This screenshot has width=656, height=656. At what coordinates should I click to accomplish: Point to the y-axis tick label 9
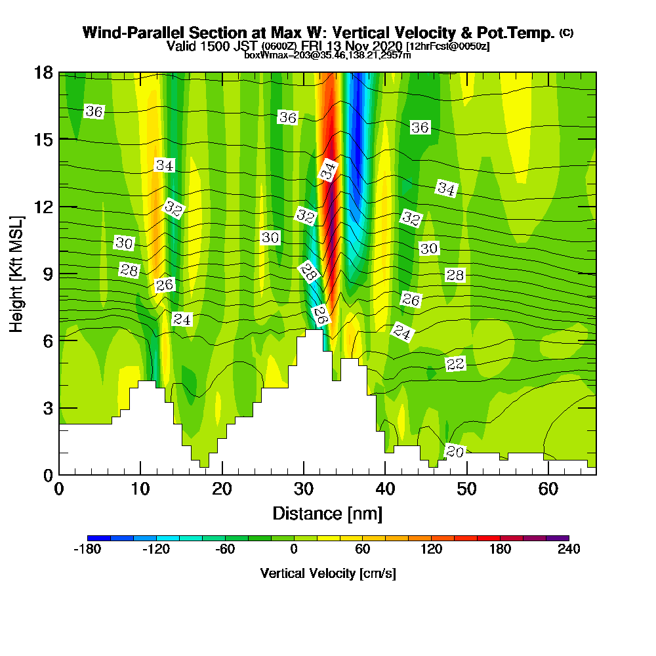tap(47, 273)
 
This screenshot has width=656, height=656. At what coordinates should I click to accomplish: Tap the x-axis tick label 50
tap(466, 489)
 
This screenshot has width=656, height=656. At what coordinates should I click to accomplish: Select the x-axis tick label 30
tap(304, 489)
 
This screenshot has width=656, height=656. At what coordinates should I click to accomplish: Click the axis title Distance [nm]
tap(327, 513)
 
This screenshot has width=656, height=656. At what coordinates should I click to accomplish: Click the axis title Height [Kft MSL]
tap(17, 273)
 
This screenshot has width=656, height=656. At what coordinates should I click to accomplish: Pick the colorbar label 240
tap(568, 549)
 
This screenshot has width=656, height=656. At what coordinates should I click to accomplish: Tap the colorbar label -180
tap(88, 549)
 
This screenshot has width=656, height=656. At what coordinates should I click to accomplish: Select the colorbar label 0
tap(295, 549)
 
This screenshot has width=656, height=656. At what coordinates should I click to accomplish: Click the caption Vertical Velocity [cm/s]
tap(328, 573)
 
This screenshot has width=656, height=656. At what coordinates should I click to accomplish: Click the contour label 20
tap(455, 451)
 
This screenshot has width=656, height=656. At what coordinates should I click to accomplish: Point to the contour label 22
tap(455, 364)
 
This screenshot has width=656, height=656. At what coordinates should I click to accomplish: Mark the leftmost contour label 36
tap(94, 112)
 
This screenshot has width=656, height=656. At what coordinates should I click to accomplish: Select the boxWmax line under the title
tap(327, 55)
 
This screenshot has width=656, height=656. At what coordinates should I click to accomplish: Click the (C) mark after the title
tap(566, 32)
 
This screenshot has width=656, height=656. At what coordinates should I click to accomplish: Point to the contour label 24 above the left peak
tap(182, 319)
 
